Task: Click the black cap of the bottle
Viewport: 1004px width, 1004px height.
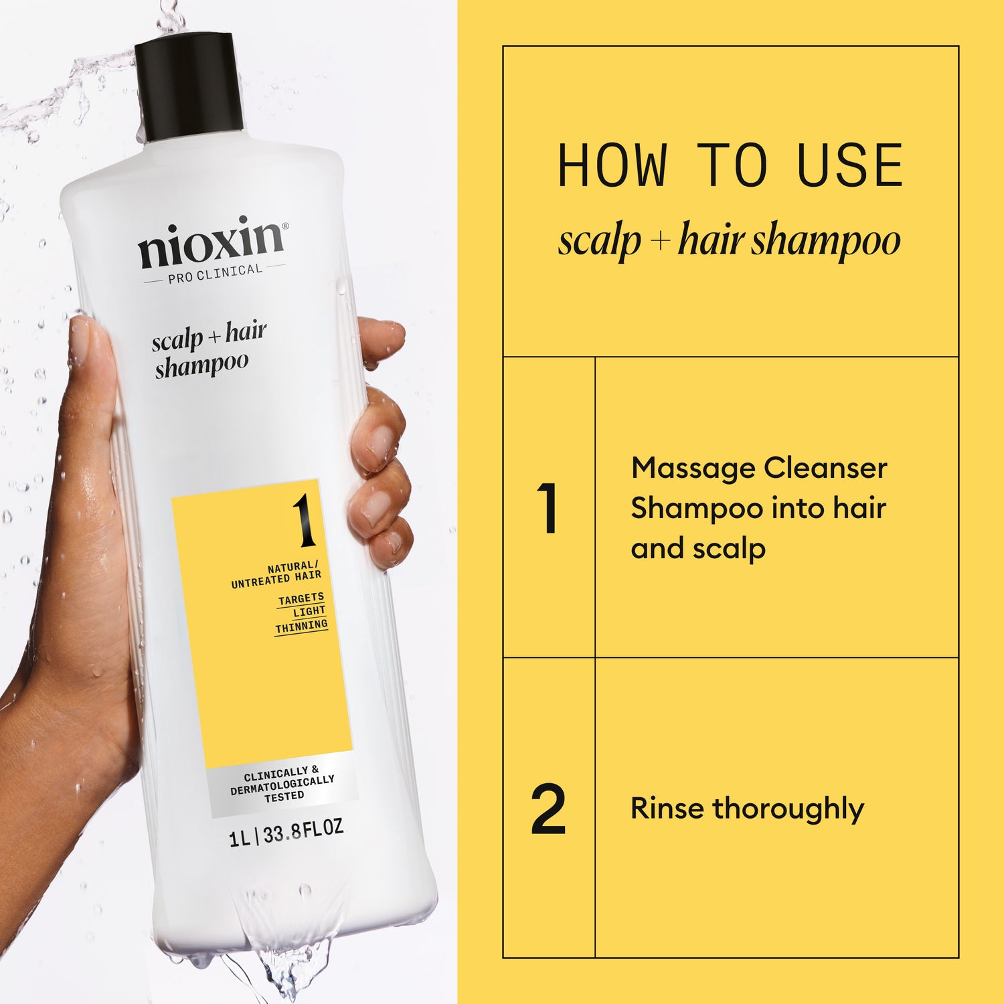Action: tap(189, 87)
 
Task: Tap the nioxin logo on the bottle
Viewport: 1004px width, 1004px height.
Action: tap(212, 241)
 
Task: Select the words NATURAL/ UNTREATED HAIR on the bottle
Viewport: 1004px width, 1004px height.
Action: tap(276, 575)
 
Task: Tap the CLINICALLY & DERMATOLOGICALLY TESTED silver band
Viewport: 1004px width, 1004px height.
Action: tap(282, 784)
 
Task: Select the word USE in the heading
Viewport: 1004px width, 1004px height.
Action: tap(850, 166)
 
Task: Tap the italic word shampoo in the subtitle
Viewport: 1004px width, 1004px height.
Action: tap(825, 241)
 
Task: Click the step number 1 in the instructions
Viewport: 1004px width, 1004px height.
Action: tap(548, 508)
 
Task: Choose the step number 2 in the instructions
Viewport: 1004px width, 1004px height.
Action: tap(548, 809)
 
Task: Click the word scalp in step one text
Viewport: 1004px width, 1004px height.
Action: tap(729, 549)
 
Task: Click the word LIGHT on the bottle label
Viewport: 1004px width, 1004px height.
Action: tap(309, 612)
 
